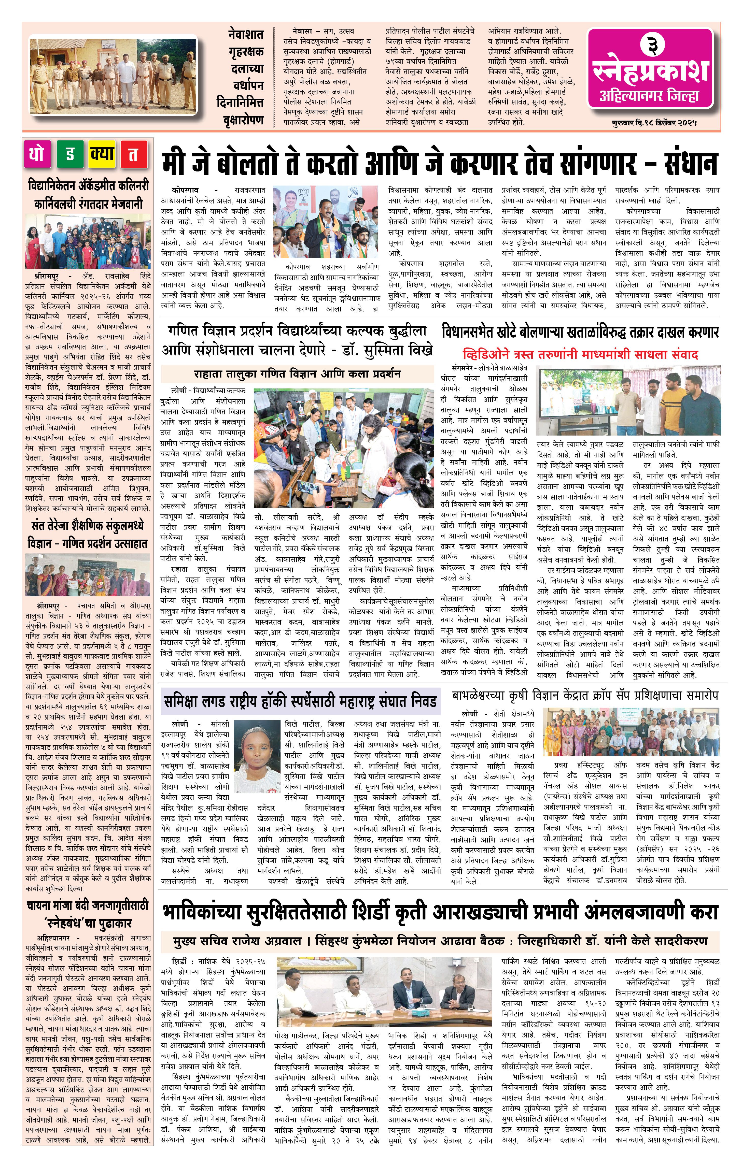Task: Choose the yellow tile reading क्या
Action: (x=102, y=154)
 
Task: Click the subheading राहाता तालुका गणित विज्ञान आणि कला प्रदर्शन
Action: (x=297, y=374)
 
